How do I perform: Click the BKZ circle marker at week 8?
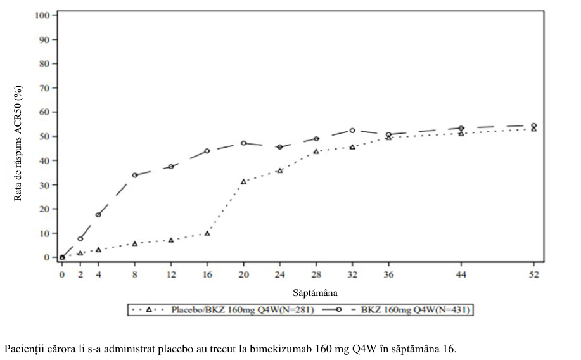pyautogui.click(x=135, y=175)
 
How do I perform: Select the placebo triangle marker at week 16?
pyautogui.click(x=207, y=234)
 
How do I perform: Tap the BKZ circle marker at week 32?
pyautogui.click(x=352, y=131)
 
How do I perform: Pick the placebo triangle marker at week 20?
pyautogui.click(x=243, y=182)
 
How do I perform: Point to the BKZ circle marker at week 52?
pyautogui.click(x=534, y=125)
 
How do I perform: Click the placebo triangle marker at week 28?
pyautogui.click(x=316, y=151)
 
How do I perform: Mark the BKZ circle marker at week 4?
pyautogui.click(x=98, y=215)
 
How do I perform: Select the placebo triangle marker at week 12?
pyautogui.click(x=171, y=240)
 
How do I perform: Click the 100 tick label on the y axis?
pyautogui.click(x=42, y=15)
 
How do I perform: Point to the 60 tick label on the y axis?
pyautogui.click(x=44, y=112)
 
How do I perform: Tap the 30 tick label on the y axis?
pyautogui.click(x=44, y=184)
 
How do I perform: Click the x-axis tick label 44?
pyautogui.click(x=461, y=274)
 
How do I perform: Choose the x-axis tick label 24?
pyautogui.click(x=280, y=274)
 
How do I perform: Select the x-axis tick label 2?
pyautogui.click(x=80, y=274)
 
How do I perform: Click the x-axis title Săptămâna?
pyautogui.click(x=315, y=293)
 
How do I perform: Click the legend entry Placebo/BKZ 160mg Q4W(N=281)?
pyautogui.click(x=243, y=309)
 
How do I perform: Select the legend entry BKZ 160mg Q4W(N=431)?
pyautogui.click(x=416, y=309)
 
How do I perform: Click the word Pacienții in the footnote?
pyautogui.click(x=23, y=349)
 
